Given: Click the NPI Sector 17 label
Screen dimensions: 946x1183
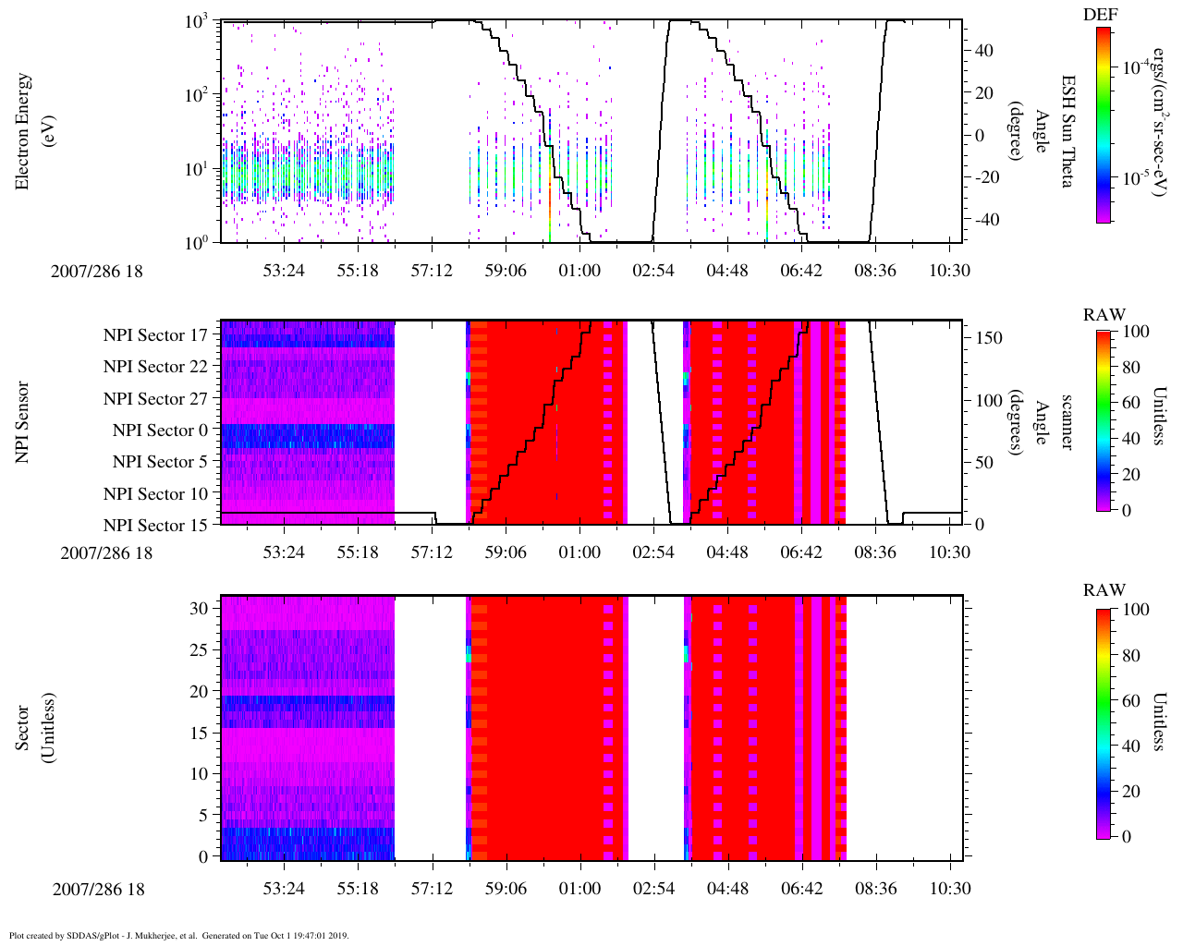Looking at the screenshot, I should tap(155, 335).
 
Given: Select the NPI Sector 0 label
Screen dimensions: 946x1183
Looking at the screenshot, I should tap(160, 431).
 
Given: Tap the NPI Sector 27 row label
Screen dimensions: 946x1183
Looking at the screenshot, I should tap(155, 399).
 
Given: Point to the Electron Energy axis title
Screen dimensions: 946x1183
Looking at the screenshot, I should tap(33, 132).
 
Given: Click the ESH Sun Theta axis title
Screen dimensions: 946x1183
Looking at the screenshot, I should tap(1067, 131).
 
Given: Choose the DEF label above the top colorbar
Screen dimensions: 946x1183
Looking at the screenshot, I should tap(1100, 14).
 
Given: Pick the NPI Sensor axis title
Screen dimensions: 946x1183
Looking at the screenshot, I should tap(22, 422).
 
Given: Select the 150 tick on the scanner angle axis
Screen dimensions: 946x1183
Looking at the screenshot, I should tap(989, 338).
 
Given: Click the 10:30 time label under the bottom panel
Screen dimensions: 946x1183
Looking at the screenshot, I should tap(949, 889).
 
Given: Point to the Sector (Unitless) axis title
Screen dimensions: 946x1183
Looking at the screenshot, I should tap(33, 728).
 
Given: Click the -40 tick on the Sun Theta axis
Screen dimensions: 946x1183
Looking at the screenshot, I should tap(985, 220).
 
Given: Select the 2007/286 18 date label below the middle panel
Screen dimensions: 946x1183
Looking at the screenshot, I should tap(106, 553).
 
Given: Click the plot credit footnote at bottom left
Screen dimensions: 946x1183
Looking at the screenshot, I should tap(178, 935).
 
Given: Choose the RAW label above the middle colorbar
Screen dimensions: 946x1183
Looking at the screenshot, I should tap(1104, 315).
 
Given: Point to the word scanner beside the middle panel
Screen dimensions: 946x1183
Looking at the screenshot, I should tap(1067, 422).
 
